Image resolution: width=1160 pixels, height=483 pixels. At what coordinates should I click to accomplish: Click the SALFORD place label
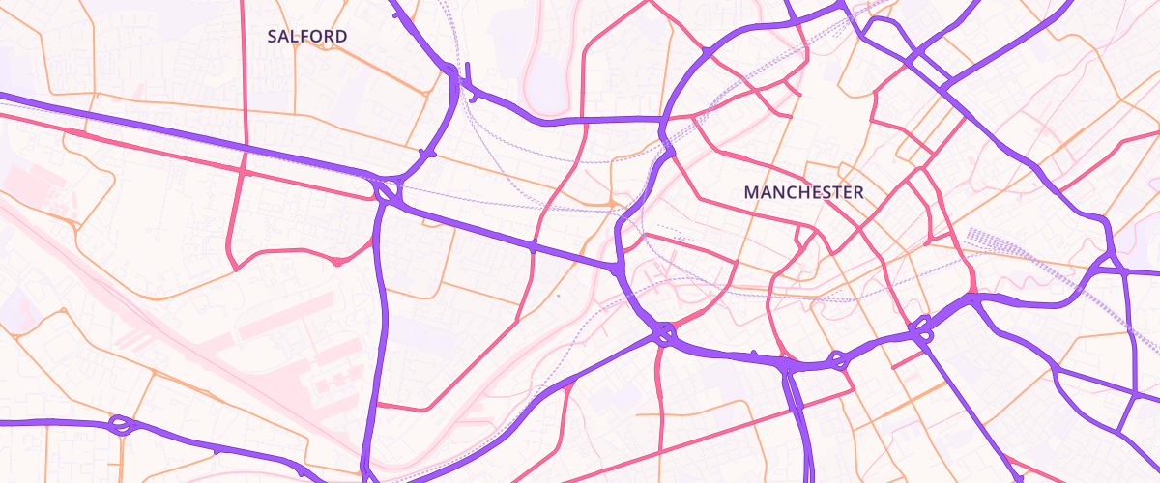pos(307,37)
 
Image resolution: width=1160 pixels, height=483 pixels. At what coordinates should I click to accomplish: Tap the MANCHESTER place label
pos(803,193)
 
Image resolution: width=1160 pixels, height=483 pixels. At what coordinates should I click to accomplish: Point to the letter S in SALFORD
pos(273,37)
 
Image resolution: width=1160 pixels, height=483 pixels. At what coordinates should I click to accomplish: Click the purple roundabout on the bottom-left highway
pos(120,424)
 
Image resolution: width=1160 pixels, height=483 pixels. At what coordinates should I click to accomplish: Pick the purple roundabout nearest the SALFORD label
pos(388,190)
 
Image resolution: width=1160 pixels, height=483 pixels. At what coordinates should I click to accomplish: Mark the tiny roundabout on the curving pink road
pos(336,261)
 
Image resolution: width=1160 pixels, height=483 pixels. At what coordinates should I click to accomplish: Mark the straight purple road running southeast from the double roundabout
pos(967,406)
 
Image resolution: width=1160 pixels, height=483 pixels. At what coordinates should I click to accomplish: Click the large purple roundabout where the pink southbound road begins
pos(663,333)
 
